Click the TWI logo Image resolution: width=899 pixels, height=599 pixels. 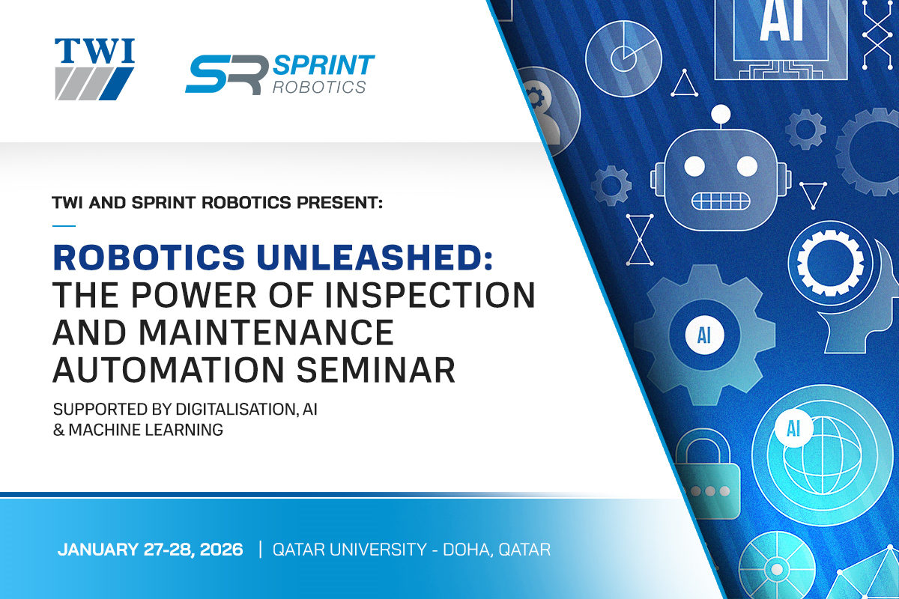click(x=94, y=69)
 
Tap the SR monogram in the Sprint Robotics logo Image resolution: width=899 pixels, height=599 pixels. click(x=227, y=75)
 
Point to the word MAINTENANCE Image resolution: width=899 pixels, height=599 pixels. click(x=266, y=332)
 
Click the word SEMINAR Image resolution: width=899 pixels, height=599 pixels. click(x=375, y=370)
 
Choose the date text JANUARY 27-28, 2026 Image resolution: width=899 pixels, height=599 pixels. click(x=151, y=550)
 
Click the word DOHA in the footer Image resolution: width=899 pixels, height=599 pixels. click(x=467, y=550)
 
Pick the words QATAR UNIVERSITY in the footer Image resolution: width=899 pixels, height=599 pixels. click(x=350, y=550)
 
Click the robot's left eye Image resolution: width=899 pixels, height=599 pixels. click(x=694, y=166)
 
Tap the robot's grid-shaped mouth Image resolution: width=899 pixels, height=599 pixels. click(x=721, y=201)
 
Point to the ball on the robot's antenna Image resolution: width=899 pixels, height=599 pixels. click(x=721, y=115)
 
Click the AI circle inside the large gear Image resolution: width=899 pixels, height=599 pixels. click(x=704, y=335)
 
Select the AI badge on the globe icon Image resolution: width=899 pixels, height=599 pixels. click(x=794, y=428)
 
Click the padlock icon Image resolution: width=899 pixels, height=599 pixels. click(x=707, y=474)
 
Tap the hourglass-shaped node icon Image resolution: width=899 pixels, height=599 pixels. click(x=640, y=240)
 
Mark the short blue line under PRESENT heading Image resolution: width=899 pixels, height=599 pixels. click(x=64, y=226)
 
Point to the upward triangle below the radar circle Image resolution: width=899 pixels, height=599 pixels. click(x=684, y=85)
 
